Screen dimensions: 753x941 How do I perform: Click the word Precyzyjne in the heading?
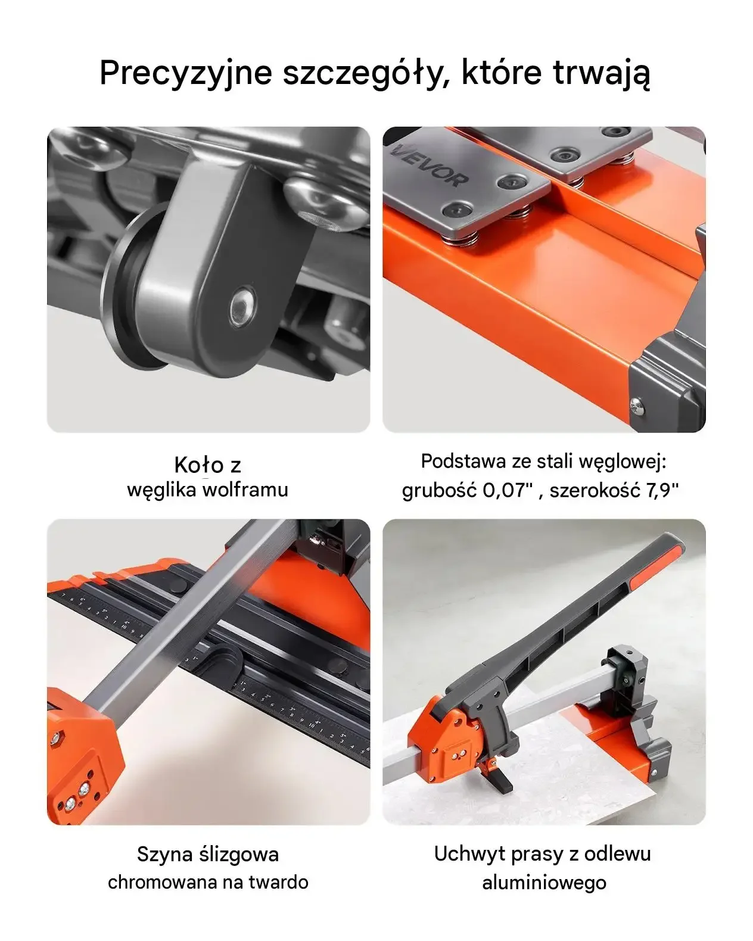click(186, 73)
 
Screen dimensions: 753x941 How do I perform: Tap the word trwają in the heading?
click(602, 73)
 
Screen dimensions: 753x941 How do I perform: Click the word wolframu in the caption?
click(245, 490)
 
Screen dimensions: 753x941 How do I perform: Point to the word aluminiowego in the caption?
click(544, 883)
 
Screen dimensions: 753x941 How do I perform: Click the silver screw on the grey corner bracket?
click(637, 406)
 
